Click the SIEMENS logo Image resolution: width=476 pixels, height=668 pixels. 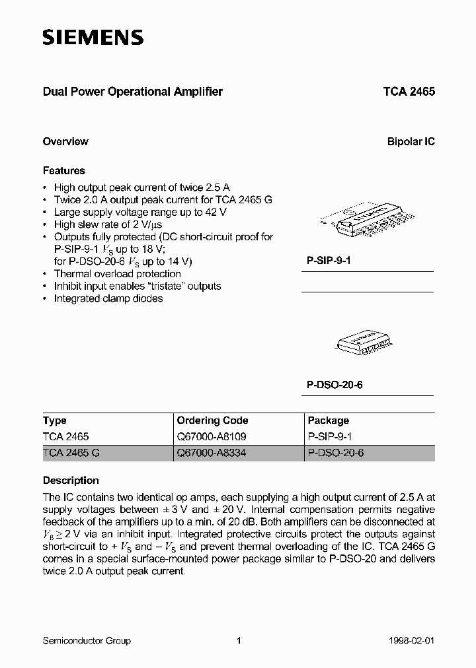coord(93,38)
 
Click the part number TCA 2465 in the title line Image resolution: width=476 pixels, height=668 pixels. coord(409,92)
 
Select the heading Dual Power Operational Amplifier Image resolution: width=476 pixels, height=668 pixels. coord(133,92)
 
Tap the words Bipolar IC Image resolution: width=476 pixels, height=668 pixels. coord(411,141)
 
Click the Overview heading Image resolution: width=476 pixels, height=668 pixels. coord(65,141)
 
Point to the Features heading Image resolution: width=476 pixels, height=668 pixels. coord(64,171)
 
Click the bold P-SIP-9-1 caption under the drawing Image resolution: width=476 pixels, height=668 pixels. coord(329,261)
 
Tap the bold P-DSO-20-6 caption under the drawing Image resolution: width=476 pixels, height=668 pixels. coord(335,385)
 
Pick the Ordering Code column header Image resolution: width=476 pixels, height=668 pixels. coord(213,420)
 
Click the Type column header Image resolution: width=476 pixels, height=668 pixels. coord(55,420)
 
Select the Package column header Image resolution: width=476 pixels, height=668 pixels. coord(329,420)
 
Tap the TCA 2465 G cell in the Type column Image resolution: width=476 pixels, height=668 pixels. coord(71,453)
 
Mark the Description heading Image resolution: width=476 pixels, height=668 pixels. coord(71,481)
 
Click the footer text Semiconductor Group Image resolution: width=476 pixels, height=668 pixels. coord(87,641)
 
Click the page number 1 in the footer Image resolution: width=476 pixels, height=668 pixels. coord(239,641)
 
